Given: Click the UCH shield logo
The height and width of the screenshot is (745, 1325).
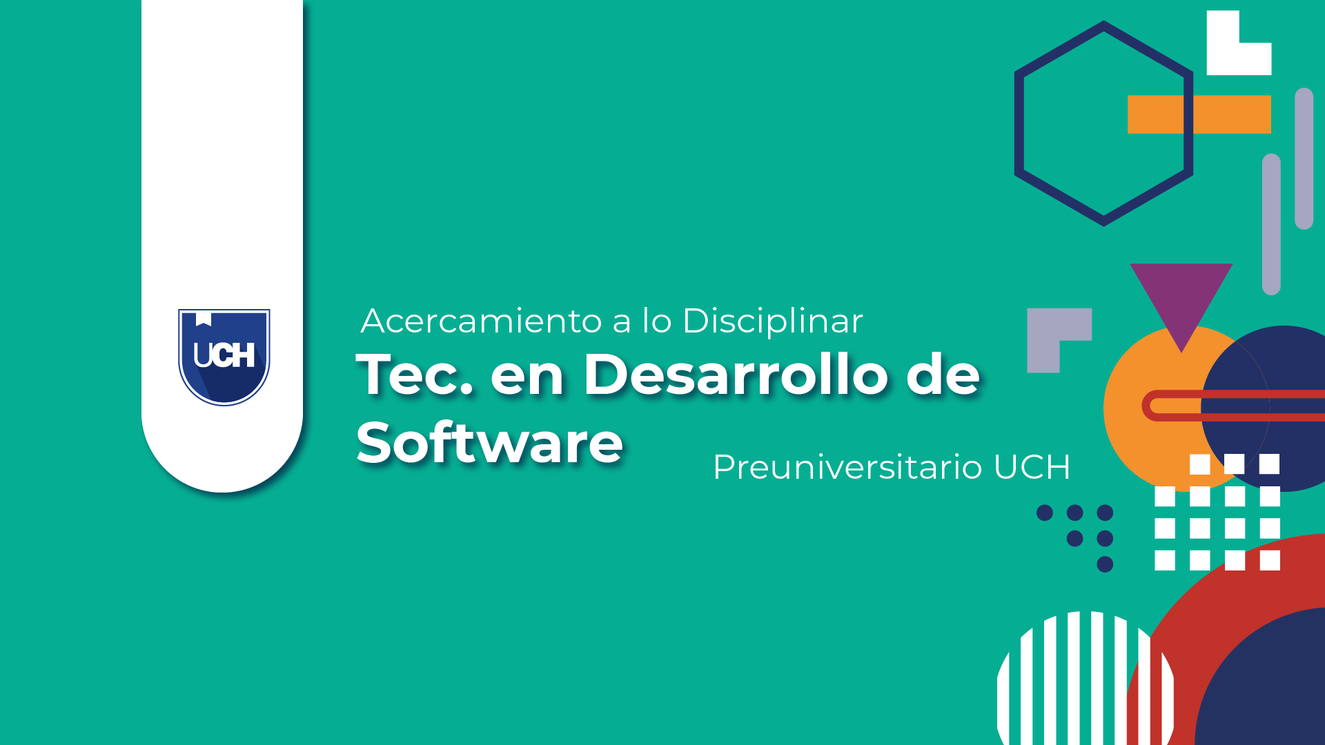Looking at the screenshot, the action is pos(224,357).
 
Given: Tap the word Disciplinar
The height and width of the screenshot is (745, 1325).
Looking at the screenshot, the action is pos(772,321).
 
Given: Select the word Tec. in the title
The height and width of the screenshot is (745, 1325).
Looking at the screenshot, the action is pos(415,374).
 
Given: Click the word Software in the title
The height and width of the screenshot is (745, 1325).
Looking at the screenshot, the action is pos(489,442).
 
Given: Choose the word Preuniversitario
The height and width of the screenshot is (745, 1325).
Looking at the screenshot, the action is pos(847,467).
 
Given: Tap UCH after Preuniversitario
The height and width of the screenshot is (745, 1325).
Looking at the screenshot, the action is pos(1032,467).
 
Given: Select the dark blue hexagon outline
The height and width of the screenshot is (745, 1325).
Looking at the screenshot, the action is pos(1019,124).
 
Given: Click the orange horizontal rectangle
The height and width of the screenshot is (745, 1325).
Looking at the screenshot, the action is pos(1199,115).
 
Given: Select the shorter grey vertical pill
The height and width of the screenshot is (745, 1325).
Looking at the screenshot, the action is pos(1271,224).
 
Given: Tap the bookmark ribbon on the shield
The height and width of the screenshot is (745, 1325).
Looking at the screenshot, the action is pos(204,319).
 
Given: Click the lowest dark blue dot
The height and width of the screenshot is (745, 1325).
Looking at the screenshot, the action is pos(1105,564).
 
